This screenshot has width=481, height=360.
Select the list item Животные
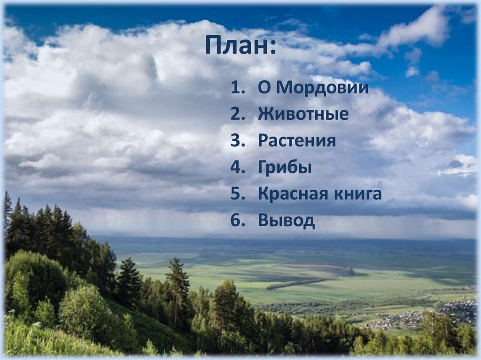click(303, 115)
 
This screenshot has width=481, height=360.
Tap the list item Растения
click(296, 141)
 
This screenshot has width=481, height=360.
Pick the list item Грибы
click(284, 168)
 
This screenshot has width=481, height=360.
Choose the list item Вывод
click(286, 221)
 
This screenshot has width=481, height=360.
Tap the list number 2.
click(235, 115)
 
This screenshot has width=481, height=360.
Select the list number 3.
click(235, 141)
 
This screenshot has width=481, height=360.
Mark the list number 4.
click(235, 168)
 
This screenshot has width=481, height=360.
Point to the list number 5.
click(235, 194)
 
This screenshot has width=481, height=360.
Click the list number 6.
click(235, 221)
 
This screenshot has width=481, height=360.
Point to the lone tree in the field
click(350, 271)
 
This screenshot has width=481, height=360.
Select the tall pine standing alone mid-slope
click(178, 282)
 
